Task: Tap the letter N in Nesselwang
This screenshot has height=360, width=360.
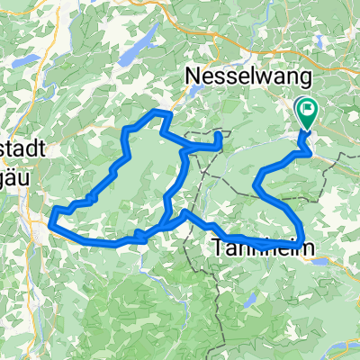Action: pyautogui.click(x=192, y=77)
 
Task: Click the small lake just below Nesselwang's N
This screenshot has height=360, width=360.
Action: pyautogui.click(x=194, y=94)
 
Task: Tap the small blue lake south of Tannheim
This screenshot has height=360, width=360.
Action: pyautogui.click(x=254, y=298)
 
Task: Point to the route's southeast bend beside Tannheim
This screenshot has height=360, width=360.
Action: pyautogui.click(x=301, y=238)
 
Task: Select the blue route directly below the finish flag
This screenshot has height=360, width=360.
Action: pyautogui.click(x=306, y=144)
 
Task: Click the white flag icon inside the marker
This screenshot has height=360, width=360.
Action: pyautogui.click(x=308, y=111)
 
